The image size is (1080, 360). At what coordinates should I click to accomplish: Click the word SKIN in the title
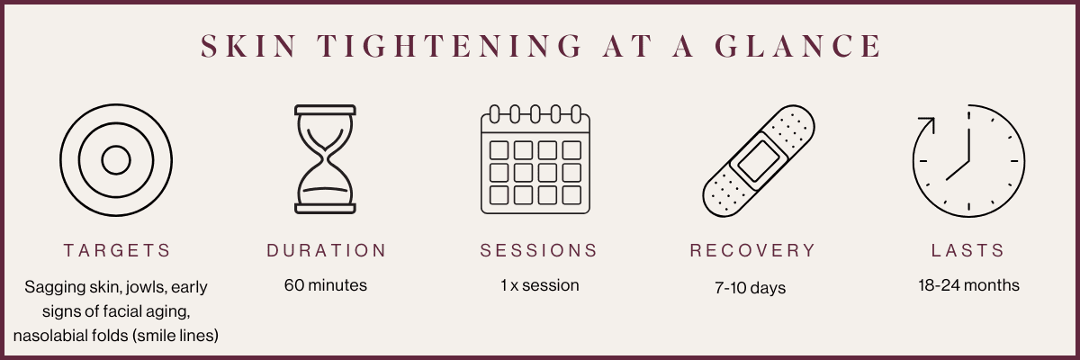click(248, 46)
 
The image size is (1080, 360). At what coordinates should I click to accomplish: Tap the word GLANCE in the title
click(798, 46)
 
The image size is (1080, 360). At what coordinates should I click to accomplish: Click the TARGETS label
click(117, 250)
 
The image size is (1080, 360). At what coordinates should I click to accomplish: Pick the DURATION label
click(327, 250)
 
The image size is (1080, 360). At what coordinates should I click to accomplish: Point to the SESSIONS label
click(538, 250)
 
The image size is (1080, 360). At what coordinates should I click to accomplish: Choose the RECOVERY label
click(752, 250)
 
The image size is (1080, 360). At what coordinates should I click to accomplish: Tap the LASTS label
click(967, 250)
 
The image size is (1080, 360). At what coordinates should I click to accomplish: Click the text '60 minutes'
click(326, 285)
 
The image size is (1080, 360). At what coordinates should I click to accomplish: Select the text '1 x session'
click(539, 285)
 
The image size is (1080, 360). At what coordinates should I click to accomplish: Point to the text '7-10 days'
click(751, 288)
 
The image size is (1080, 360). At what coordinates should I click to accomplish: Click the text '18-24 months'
click(968, 285)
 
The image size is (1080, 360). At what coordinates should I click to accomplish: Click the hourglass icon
click(325, 159)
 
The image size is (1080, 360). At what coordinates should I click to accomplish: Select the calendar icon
click(535, 159)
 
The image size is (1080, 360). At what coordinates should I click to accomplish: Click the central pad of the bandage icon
click(759, 161)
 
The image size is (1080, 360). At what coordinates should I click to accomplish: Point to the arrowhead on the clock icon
click(928, 124)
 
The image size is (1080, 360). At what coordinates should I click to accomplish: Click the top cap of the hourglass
click(325, 111)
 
